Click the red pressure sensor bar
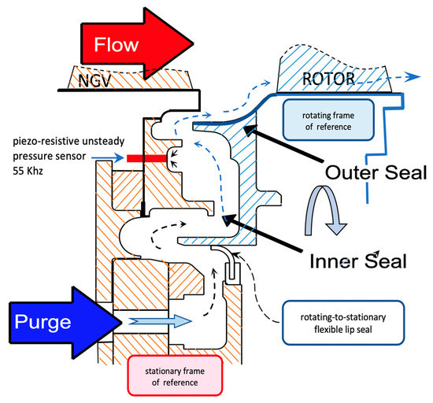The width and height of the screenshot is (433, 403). (x=147, y=158)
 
